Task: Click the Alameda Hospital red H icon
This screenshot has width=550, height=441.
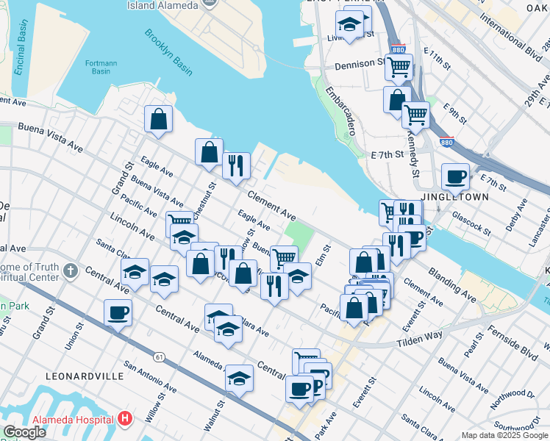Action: pyautogui.click(x=125, y=419)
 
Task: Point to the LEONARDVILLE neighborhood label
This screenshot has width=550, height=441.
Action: pyautogui.click(x=85, y=376)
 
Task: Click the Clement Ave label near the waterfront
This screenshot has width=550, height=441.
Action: pyautogui.click(x=271, y=205)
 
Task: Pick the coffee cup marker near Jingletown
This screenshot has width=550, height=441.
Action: pyautogui.click(x=455, y=176)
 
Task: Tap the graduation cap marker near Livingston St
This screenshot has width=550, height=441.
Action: pyautogui.click(x=351, y=24)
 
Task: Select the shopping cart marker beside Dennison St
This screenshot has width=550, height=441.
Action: pyautogui.click(x=399, y=66)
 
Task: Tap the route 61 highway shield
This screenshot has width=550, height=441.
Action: pyautogui.click(x=159, y=356)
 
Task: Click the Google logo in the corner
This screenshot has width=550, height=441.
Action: pyautogui.click(x=24, y=432)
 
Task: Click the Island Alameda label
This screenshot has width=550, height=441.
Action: pyautogui.click(x=162, y=5)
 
